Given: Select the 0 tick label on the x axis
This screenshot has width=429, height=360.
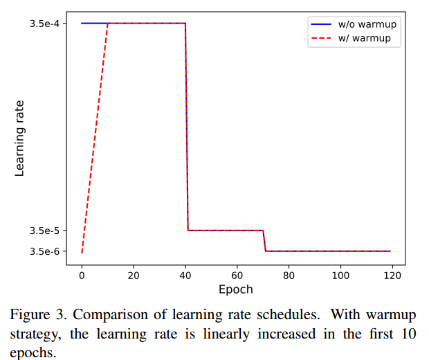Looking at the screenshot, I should pos(82,275).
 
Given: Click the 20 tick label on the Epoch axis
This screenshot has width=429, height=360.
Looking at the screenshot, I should pos(134,275).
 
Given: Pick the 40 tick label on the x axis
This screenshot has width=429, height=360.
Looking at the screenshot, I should pos(185,275).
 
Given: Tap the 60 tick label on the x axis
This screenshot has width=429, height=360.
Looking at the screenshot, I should pos(237,275).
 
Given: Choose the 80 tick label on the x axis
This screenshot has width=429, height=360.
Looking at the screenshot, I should pos(289,275).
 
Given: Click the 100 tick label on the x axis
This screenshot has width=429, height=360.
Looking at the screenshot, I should pos(340,275).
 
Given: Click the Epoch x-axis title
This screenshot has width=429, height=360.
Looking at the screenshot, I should pos(236,289).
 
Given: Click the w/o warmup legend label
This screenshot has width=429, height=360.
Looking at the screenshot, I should pos(368,25).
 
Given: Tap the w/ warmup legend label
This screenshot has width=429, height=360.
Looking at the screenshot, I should pos(365,38).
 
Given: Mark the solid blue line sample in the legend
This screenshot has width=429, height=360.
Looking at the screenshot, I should pos(322,25).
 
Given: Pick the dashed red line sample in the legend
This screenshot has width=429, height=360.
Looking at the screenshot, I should pos(322,38).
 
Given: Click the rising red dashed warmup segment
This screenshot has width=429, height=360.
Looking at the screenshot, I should pos(94,138).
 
